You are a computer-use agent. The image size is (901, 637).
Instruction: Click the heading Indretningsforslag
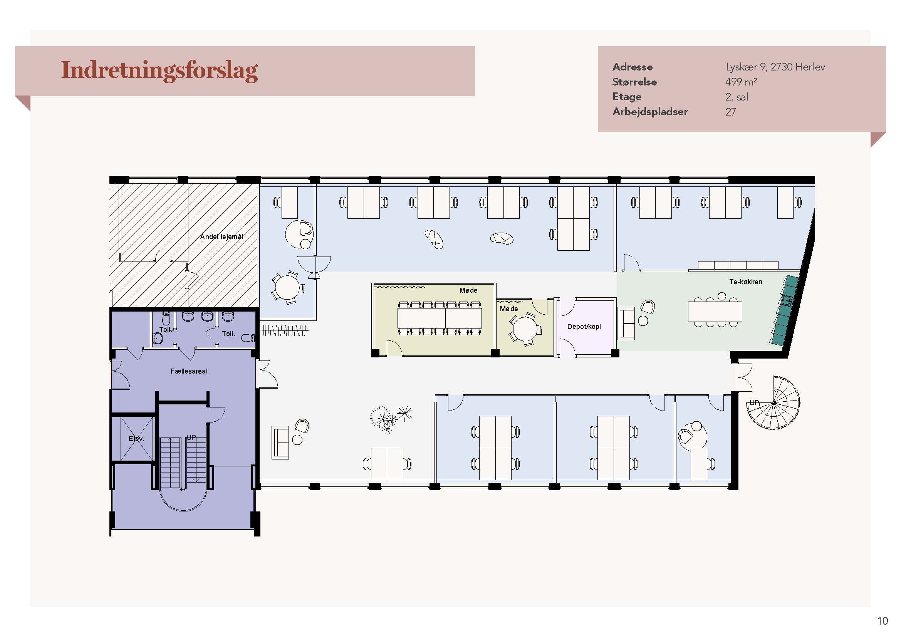(159, 71)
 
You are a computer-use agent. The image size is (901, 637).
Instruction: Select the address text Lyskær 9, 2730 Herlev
(775, 67)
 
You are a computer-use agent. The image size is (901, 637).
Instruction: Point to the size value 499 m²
(741, 82)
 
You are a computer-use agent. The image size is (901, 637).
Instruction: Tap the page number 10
(883, 621)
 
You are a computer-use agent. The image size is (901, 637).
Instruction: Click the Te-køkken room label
(746, 282)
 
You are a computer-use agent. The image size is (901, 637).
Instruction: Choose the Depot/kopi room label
(584, 326)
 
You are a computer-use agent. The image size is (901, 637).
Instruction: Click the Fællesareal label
(189, 371)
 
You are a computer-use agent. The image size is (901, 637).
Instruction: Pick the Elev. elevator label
(136, 439)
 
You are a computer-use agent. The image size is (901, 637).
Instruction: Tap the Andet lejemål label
(221, 236)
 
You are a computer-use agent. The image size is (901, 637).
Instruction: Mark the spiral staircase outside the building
(773, 403)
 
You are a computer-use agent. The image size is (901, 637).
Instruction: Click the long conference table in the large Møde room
(440, 318)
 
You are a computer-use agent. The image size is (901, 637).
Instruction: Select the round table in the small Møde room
(524, 329)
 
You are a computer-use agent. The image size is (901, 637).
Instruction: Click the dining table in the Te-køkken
(715, 312)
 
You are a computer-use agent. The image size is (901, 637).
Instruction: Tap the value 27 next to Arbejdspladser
(730, 112)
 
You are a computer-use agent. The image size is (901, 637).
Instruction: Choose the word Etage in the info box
(627, 97)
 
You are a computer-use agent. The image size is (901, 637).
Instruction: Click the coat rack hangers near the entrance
(285, 331)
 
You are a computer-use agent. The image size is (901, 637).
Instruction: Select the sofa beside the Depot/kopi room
(627, 324)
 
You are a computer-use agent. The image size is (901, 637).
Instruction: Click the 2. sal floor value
(737, 97)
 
